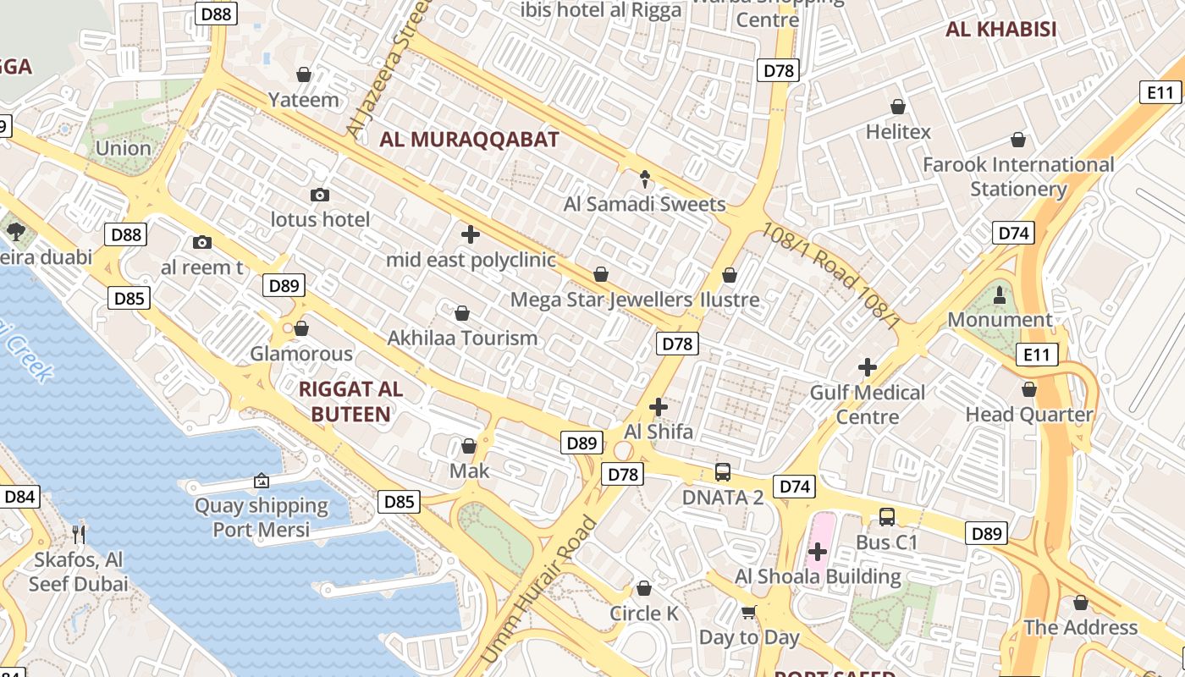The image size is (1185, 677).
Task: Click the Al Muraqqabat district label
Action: click(469, 140)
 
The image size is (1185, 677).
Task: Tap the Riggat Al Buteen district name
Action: click(350, 402)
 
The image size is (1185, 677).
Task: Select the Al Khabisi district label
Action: click(1001, 30)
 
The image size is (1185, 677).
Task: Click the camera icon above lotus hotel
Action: click(320, 195)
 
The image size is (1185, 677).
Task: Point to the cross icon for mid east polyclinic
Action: click(471, 234)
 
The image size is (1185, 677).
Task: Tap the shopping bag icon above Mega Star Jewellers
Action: click(601, 274)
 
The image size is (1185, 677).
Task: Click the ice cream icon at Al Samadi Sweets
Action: click(645, 179)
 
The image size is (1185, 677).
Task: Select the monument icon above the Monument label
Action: click(1000, 294)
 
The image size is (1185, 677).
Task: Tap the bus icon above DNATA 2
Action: click(723, 472)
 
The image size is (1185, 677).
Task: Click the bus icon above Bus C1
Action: click(886, 516)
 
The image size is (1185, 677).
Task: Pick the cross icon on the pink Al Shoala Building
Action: click(817, 552)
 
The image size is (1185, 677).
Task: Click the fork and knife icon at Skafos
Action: click(79, 534)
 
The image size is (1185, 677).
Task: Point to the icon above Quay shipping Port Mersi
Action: click(262, 481)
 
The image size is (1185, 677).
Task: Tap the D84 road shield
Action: click(19, 497)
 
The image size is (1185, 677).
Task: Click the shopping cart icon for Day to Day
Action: click(749, 612)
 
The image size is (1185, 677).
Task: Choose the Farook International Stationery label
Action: click(1018, 176)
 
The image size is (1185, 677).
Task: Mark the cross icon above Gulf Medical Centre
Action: click(868, 367)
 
